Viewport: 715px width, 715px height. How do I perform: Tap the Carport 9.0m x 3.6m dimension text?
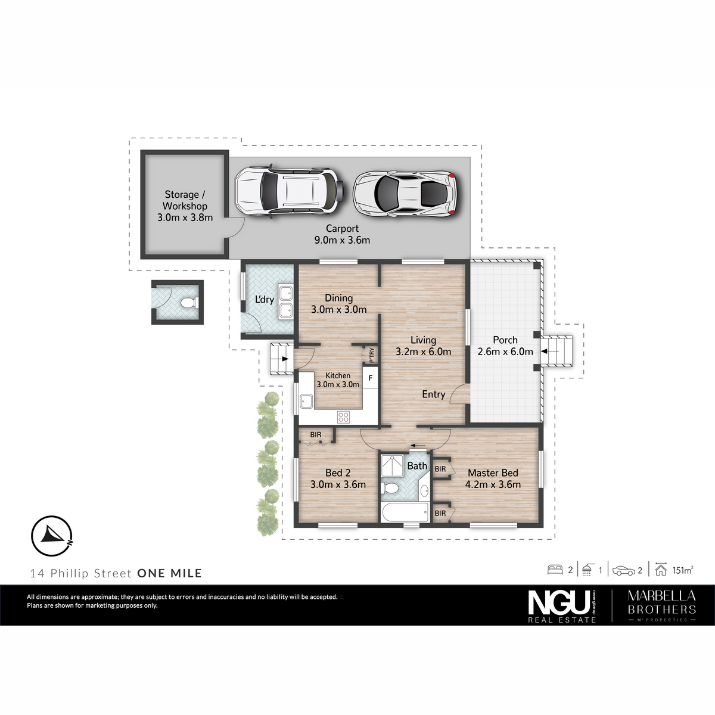click(x=342, y=240)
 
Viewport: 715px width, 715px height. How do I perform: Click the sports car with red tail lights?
click(x=405, y=193)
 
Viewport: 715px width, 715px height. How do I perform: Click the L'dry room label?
click(x=265, y=299)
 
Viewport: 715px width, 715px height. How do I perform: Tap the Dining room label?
click(x=339, y=297)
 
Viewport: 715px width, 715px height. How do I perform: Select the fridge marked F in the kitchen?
click(x=370, y=378)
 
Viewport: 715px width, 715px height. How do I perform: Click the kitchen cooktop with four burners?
click(x=343, y=418)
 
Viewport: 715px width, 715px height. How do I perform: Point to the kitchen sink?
click(x=306, y=401)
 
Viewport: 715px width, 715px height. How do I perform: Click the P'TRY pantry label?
click(x=371, y=355)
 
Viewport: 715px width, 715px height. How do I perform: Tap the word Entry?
click(x=433, y=394)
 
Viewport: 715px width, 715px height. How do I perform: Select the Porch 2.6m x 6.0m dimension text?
click(x=505, y=352)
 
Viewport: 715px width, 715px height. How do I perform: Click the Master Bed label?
click(x=493, y=472)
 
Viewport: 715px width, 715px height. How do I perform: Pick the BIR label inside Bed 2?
click(x=316, y=434)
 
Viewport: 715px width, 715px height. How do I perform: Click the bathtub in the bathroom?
click(x=405, y=512)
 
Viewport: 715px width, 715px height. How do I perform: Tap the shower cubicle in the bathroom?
click(x=392, y=466)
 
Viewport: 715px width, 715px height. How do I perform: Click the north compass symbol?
click(x=52, y=536)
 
